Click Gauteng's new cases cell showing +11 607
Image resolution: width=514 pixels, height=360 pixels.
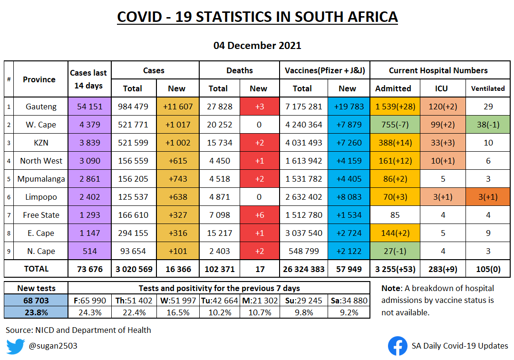coord(178,107)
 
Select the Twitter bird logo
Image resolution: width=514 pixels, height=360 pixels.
coord(15,346)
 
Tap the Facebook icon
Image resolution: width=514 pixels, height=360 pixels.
coord(398,346)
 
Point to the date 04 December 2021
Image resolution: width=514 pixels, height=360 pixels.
coord(257,45)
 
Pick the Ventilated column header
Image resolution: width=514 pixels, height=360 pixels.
coord(488,88)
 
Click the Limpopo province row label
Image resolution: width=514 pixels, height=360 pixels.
coord(41,197)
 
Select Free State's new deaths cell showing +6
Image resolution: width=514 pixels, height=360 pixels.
coord(260,215)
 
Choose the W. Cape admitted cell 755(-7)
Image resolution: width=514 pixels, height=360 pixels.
coord(395,125)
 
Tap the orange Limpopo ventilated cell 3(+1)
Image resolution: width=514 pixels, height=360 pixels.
coord(488,197)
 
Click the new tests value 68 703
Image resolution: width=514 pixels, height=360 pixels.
coord(36,301)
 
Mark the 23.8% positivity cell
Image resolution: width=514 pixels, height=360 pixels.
coord(36,312)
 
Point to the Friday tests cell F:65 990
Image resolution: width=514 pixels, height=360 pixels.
coord(90,301)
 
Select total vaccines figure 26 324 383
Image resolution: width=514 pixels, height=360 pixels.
coord(303,269)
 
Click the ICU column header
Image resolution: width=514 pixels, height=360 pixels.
coord(441,88)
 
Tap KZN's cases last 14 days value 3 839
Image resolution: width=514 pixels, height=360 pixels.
coord(90,143)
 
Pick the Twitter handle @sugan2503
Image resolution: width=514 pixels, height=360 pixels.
coord(53,346)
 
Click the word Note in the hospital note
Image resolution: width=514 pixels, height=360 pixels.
coord(391,288)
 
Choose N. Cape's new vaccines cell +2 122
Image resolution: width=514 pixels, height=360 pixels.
coord(349,251)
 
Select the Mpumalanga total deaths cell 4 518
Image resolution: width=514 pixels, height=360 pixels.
coord(220,179)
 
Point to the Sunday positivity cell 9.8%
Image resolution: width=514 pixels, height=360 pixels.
coord(304,312)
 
